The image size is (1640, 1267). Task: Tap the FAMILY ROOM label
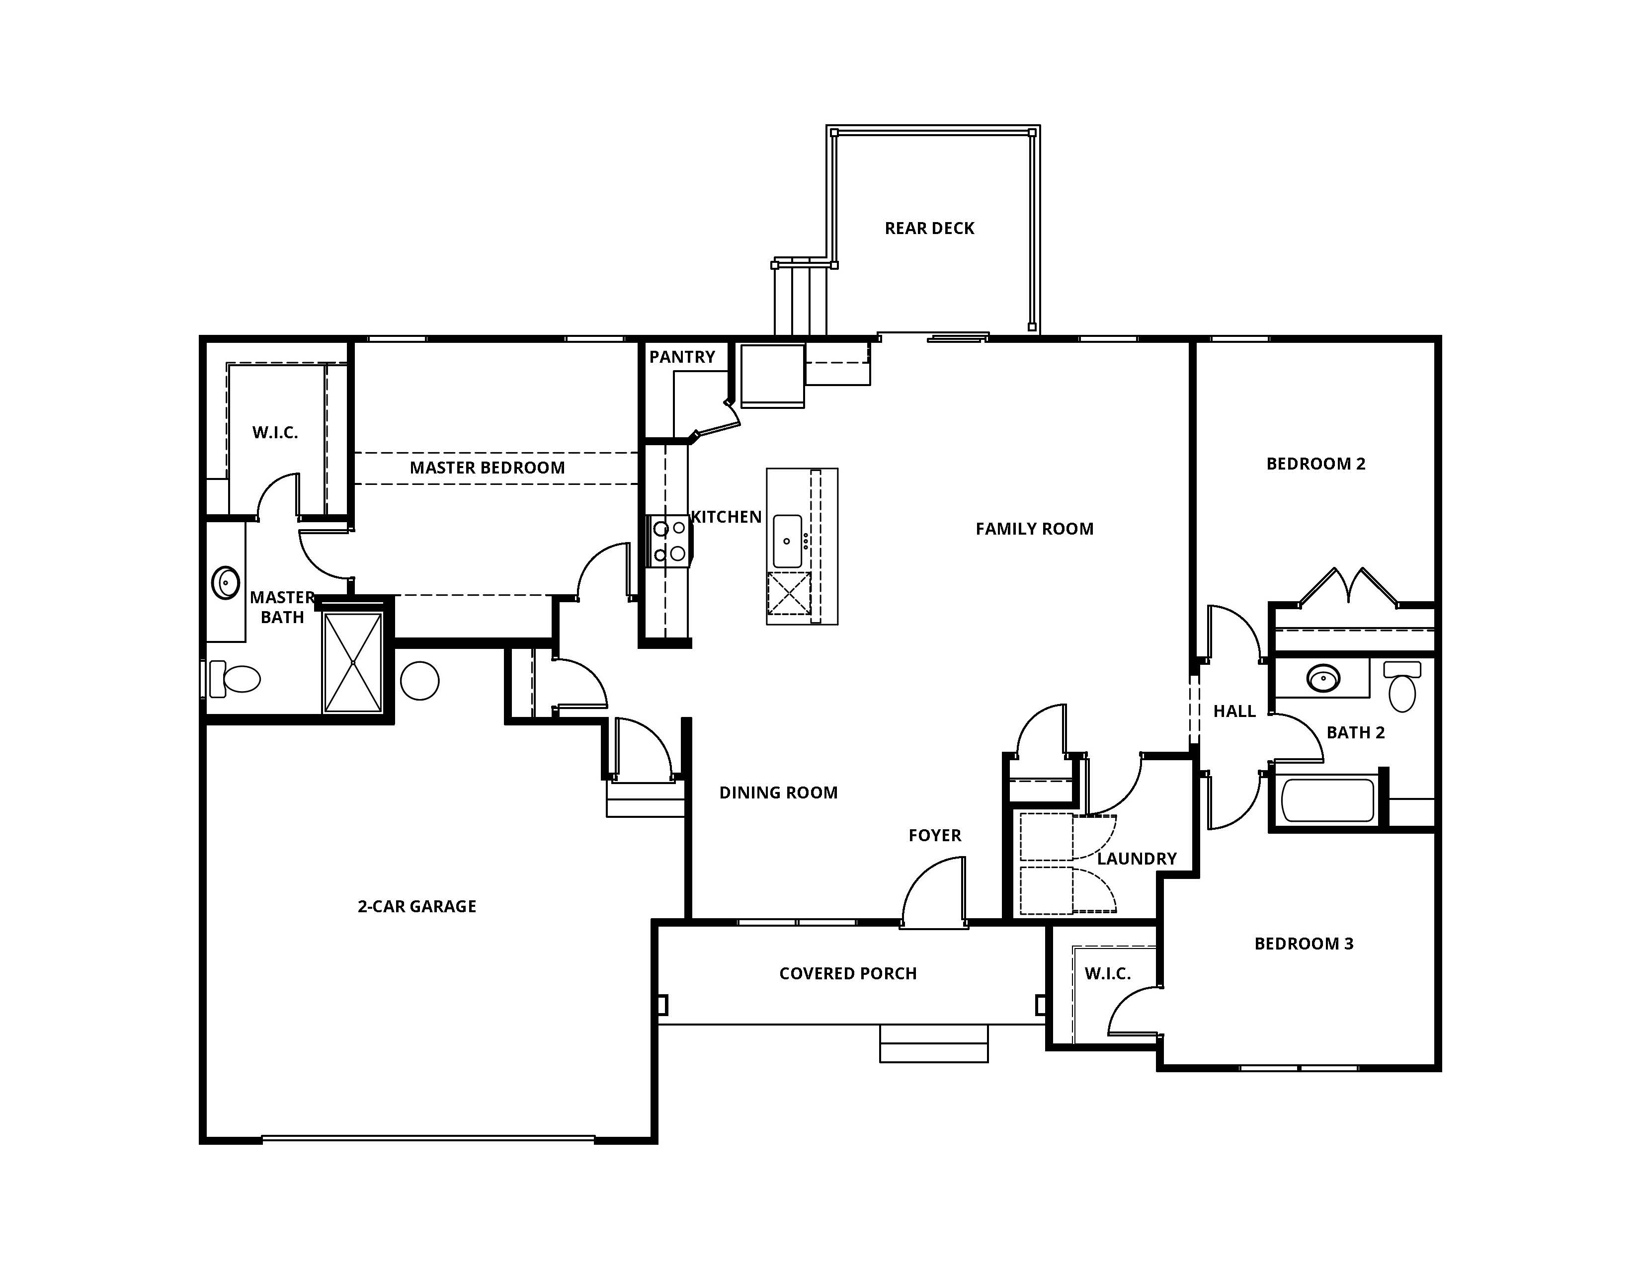[1034, 529]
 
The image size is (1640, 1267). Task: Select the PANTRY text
[682, 357]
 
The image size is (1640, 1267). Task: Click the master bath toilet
[234, 679]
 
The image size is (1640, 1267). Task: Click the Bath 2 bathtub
[1327, 800]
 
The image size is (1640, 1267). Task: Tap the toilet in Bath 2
[1402, 687]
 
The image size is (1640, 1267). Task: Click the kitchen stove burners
[669, 541]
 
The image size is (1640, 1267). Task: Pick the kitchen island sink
[787, 541]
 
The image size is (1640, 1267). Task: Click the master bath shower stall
[353, 662]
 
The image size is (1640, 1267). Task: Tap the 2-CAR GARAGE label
[417, 907]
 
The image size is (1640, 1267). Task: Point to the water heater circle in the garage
[420, 681]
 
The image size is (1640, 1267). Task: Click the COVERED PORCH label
[848, 973]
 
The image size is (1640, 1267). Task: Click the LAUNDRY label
[1137, 859]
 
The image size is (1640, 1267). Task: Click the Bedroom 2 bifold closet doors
[1349, 587]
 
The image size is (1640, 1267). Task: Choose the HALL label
[1234, 712]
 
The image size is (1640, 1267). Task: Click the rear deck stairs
[801, 299]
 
